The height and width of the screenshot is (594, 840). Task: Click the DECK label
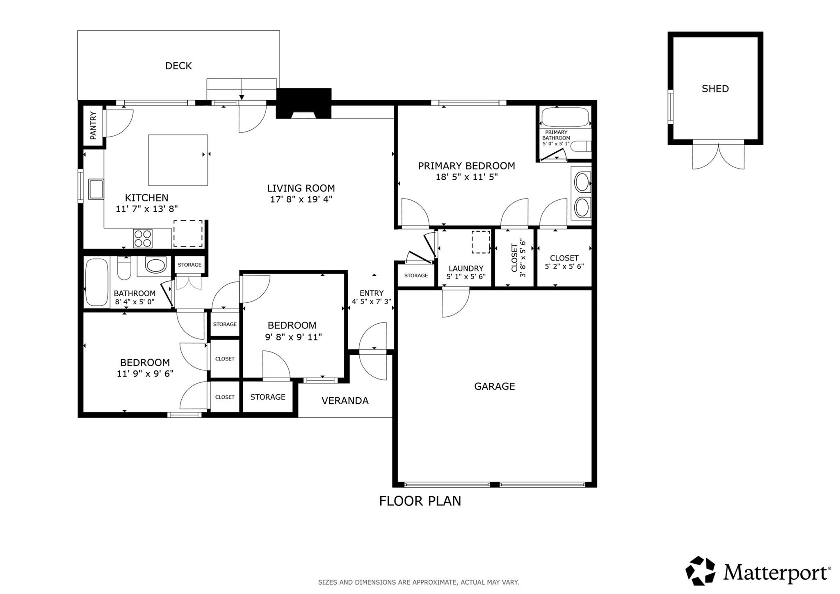tap(178, 66)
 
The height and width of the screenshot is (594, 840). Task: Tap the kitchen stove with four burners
tap(143, 238)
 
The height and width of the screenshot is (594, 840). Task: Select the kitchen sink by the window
tap(96, 189)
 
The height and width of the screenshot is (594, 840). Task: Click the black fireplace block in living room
tap(304, 103)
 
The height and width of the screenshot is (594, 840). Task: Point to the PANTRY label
tap(93, 125)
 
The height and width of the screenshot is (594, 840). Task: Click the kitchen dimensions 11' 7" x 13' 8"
tap(147, 209)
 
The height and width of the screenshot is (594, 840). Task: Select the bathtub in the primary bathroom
tap(565, 117)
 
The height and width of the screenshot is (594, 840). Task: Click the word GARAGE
tap(494, 386)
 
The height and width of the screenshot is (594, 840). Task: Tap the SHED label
tap(715, 89)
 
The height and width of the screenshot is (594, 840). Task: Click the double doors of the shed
tap(718, 156)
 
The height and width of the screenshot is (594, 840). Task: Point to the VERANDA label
tap(345, 401)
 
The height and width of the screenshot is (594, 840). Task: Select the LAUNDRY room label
tap(466, 268)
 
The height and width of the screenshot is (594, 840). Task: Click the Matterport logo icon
tap(700, 571)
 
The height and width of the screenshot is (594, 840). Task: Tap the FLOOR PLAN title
tap(420, 501)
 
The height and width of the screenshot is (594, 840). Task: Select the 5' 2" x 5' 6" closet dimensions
tap(564, 266)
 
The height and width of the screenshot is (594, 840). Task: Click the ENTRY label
tap(371, 293)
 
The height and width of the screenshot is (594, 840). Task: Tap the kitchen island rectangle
tap(178, 160)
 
